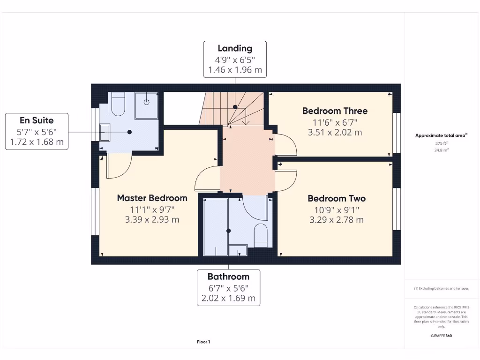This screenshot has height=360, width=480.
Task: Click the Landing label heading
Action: [x=235, y=48]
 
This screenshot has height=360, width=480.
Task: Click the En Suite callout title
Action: [x=37, y=120]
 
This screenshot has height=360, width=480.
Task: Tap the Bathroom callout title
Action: [x=228, y=277]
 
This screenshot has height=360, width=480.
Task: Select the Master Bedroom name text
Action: [x=152, y=198]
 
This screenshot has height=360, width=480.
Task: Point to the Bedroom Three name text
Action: [x=335, y=111]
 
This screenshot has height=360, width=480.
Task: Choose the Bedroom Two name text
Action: [x=336, y=198]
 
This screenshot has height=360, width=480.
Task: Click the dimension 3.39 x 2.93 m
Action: [x=152, y=219]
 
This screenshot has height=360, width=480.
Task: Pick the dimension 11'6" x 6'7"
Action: [x=335, y=122]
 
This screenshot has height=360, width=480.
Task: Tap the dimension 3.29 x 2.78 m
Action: [x=336, y=219]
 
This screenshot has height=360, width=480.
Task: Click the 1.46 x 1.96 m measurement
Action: [x=235, y=70]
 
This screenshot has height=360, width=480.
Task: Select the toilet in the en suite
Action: [x=118, y=105]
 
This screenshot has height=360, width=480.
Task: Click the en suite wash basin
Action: [x=104, y=132]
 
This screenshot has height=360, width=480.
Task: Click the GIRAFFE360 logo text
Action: [x=442, y=336]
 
